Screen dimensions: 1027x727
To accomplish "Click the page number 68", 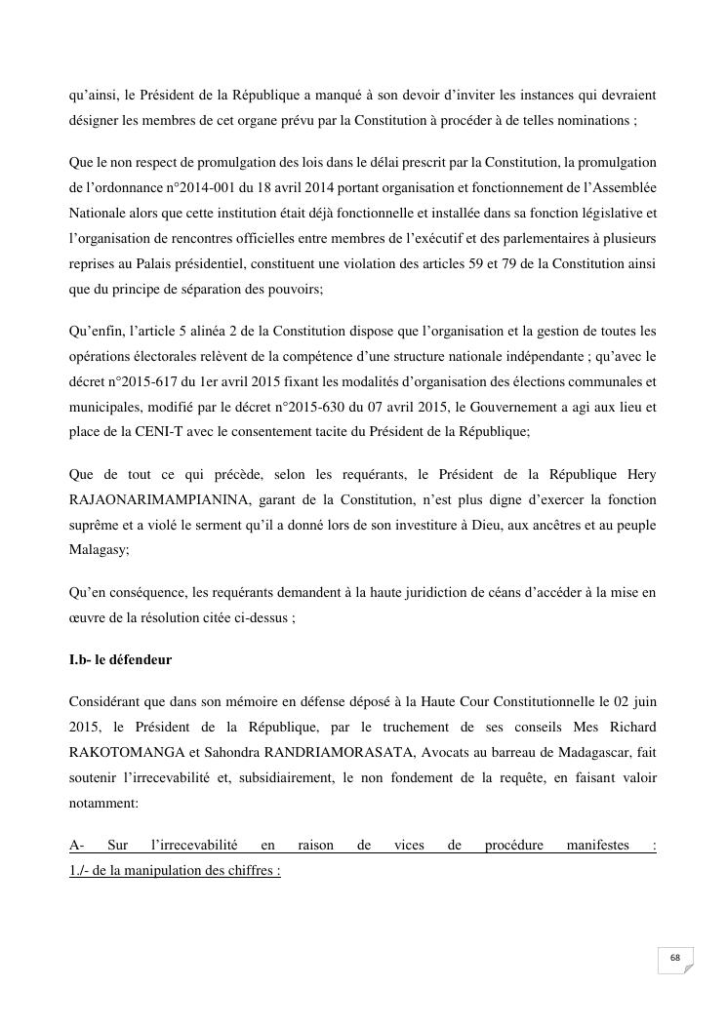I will click(x=674, y=958).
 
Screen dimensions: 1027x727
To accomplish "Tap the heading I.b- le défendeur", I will click(x=120, y=660).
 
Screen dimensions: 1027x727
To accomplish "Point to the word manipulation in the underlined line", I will click(x=164, y=871).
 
